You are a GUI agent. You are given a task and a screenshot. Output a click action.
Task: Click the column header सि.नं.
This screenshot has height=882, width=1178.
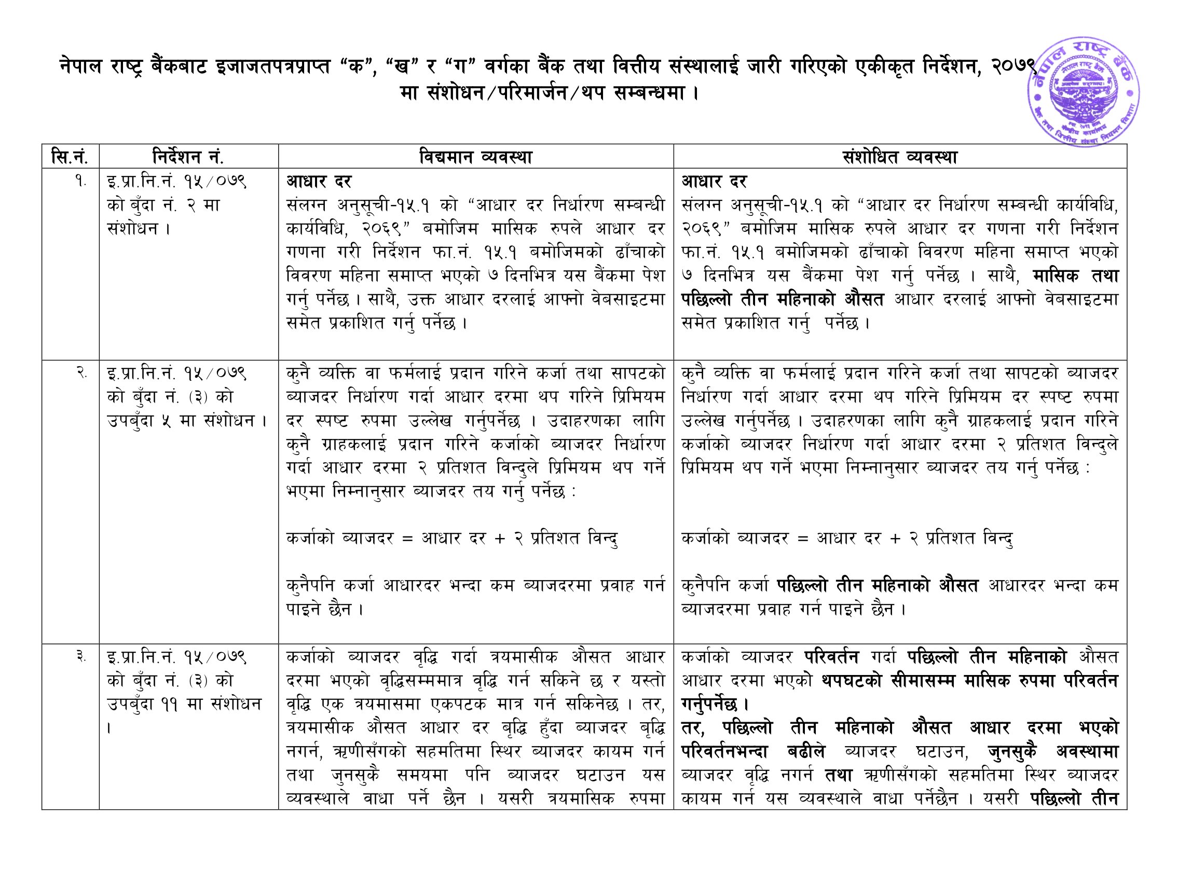(x=69, y=157)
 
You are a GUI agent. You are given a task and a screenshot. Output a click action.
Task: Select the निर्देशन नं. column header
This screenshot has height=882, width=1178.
(x=188, y=157)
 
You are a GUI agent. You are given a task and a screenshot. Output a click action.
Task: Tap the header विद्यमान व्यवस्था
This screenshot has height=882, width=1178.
(x=475, y=157)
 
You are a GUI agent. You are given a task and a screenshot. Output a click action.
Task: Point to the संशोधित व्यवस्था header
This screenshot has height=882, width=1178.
(x=899, y=157)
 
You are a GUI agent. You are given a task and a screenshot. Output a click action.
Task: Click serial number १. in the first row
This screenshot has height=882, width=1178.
(x=80, y=182)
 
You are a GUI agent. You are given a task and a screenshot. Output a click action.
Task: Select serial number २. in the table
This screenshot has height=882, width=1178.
(x=80, y=373)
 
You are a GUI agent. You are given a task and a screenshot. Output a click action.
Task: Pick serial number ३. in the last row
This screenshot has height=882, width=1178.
(x=80, y=657)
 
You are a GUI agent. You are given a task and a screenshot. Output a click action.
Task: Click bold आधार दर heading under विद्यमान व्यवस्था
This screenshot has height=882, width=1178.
(x=319, y=182)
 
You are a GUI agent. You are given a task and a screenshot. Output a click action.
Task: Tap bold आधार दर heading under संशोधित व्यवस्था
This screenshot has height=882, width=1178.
(x=714, y=182)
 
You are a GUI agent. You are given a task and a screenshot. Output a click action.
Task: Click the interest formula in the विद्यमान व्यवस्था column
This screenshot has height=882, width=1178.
(x=451, y=538)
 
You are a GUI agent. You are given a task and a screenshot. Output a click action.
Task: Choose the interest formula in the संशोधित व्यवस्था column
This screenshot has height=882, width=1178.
(x=847, y=538)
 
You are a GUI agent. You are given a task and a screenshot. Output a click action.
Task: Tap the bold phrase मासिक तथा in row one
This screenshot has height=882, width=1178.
(x=1075, y=275)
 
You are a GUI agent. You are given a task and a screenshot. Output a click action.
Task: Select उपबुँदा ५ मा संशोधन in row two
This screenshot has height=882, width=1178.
(x=186, y=421)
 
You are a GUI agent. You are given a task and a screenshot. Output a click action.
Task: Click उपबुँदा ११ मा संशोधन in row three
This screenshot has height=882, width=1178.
(x=184, y=704)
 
